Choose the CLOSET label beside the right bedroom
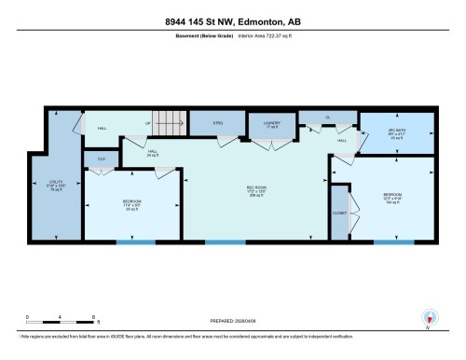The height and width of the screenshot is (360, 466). pyautogui.click(x=339, y=213)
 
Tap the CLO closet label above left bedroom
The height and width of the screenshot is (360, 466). pyautogui.click(x=101, y=159)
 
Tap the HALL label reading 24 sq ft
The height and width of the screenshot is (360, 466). pyautogui.click(x=152, y=152)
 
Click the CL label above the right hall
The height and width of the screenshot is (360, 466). pyautogui.click(x=328, y=117)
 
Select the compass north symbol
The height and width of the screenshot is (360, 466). pyautogui.click(x=429, y=317)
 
